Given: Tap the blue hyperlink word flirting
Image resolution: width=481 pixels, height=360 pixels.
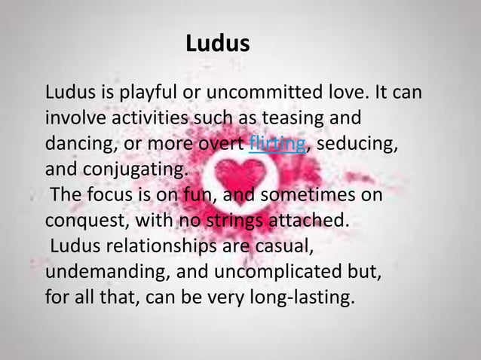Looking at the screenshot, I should [x=277, y=142].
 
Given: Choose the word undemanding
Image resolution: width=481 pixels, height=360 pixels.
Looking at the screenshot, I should [x=100, y=269].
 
